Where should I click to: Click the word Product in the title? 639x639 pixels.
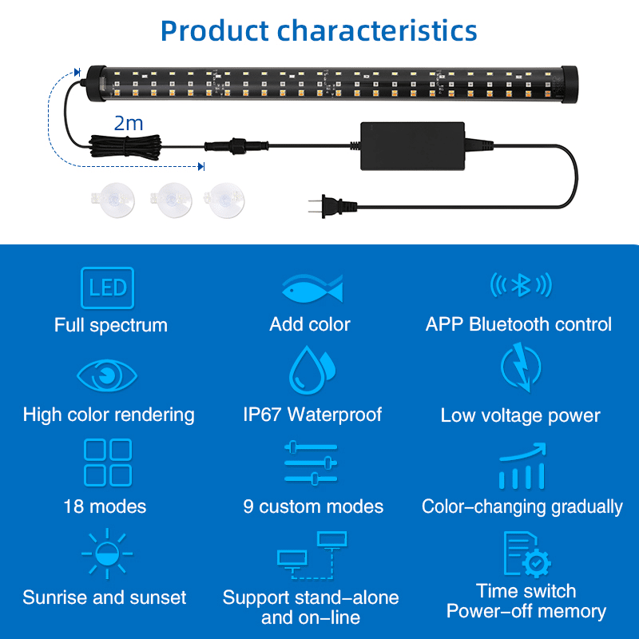[215, 31]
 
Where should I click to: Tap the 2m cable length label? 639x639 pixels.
[129, 123]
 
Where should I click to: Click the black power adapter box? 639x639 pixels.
[412, 146]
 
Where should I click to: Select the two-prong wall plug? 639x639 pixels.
[332, 206]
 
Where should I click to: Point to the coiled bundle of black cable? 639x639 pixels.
[125, 147]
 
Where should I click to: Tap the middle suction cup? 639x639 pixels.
[171, 200]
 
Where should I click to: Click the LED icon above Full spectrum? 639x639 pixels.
[108, 288]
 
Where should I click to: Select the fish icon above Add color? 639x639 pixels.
[312, 288]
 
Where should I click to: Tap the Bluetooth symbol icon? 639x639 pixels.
[521, 285]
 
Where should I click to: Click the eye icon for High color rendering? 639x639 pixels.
[107, 375]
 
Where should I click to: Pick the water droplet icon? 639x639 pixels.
[312, 370]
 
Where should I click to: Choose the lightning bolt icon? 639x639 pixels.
[521, 367]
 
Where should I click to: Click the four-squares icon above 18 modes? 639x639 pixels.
[108, 462]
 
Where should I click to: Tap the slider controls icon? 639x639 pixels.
[311, 462]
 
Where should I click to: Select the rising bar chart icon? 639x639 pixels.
[522, 466]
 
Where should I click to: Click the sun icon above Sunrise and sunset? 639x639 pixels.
[107, 554]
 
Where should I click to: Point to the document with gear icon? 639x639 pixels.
[527, 554]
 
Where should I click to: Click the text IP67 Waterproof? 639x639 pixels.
[312, 415]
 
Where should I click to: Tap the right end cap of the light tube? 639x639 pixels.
[570, 84]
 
